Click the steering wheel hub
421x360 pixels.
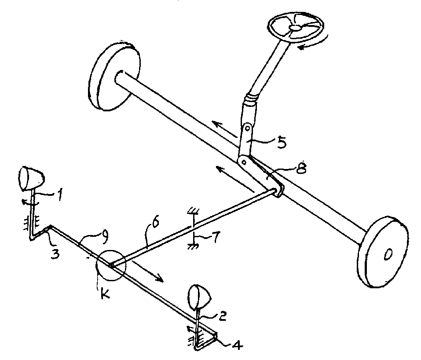coord(295,27)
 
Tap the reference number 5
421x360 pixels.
coord(282,143)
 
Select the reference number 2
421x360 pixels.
coord(222,316)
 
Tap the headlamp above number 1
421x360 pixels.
coord(31,178)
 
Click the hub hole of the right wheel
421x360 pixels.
coord(388,254)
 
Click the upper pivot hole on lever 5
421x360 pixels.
coord(248,129)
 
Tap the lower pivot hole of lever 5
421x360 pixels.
coord(244,162)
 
